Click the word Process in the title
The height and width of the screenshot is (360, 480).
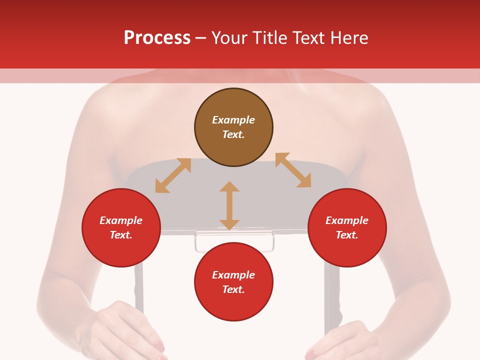157,38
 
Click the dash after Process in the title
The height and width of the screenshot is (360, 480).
200,38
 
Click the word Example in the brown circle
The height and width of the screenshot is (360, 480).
233,120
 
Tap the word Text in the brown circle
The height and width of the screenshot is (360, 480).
233,134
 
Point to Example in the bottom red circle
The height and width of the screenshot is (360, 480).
233,275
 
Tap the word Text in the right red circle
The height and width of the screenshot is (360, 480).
347,235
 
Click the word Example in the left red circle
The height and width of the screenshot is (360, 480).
121,220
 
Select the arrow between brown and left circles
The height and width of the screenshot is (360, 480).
173,175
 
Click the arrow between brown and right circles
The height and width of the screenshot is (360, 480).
293,170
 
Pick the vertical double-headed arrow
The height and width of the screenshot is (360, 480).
229,205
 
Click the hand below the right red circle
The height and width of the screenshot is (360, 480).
340,340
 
